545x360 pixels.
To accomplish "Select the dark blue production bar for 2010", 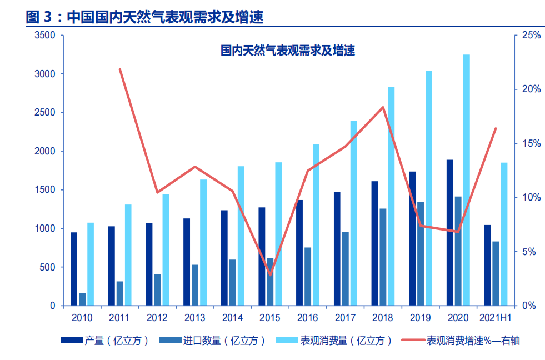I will [74, 269].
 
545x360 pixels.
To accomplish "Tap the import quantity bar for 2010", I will [82, 299].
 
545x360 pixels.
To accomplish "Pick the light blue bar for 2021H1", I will [504, 234].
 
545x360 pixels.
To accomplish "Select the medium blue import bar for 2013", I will [195, 285].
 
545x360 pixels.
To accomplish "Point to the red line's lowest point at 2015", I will [270, 274].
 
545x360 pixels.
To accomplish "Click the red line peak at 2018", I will [383, 107].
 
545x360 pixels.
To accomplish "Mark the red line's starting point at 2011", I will [120, 69].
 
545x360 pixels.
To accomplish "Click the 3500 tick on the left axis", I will [45, 35].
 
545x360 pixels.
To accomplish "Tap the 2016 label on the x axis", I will [307, 318].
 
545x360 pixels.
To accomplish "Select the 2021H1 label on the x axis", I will [495, 318].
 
